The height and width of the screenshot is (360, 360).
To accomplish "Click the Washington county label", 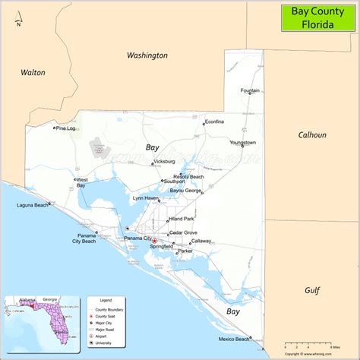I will [x=147, y=55].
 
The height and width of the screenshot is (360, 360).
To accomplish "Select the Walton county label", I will [x=33, y=73].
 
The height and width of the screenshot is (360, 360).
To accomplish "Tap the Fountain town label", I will [x=251, y=90].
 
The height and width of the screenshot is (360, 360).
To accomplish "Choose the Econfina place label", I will [x=214, y=121].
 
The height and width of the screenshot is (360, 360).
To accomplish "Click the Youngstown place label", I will [x=243, y=142].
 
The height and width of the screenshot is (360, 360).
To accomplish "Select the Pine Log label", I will [x=66, y=128].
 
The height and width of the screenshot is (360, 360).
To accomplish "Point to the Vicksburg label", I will [x=164, y=161].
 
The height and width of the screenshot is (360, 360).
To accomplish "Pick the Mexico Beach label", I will [x=233, y=339].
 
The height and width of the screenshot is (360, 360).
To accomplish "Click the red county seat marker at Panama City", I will [x=155, y=242].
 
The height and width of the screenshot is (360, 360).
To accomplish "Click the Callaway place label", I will [x=201, y=241].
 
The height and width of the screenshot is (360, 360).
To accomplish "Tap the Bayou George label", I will [x=185, y=191].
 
